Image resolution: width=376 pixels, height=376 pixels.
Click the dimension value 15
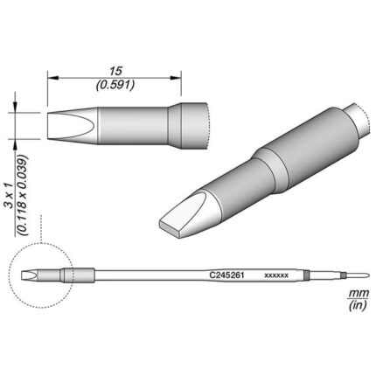click(115, 71)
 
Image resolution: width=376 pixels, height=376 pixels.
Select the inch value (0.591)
click(115, 85)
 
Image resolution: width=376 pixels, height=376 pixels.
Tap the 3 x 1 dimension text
click(10, 196)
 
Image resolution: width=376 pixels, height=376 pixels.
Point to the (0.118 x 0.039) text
click(23, 195)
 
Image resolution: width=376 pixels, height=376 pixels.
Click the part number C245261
click(226, 275)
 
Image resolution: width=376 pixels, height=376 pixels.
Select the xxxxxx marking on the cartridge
click(276, 275)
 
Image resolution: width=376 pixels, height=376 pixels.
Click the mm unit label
click(359, 292)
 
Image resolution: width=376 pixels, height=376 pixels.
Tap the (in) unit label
click(358, 305)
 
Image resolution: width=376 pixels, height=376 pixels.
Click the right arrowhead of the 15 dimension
click(176, 78)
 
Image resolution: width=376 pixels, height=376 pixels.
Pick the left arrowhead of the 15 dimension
click(53, 78)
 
